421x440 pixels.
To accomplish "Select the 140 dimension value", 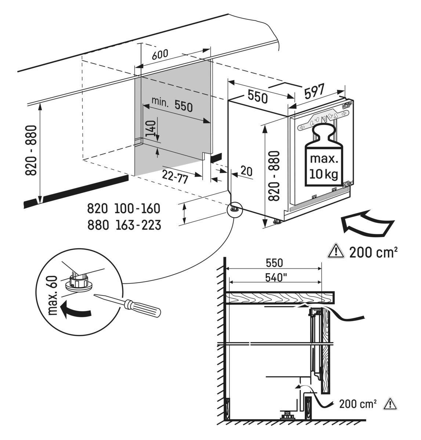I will [150, 129].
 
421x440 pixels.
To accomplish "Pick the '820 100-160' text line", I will [124, 209].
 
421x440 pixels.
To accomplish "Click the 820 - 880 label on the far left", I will [32, 150].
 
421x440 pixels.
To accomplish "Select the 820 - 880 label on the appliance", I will [274, 176].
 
